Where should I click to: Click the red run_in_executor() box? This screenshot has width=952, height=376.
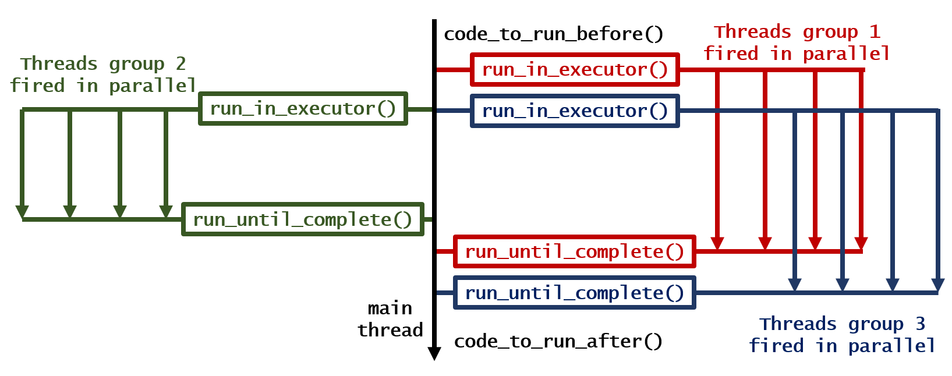click(575, 70)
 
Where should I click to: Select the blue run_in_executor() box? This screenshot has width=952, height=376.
click(575, 111)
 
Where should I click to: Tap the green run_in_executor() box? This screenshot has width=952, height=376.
click(303, 108)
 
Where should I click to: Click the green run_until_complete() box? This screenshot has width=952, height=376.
click(303, 219)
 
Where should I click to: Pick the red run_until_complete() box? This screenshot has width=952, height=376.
click(575, 251)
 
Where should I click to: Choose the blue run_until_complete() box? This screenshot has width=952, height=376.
click(575, 292)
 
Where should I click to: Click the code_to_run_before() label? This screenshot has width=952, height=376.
click(553, 34)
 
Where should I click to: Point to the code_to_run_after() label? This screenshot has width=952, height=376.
click(558, 342)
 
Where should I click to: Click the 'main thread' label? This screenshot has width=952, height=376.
click(390, 319)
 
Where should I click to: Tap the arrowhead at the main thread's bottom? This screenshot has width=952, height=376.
click(434, 353)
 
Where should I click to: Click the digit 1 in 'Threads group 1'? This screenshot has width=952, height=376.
click(875, 32)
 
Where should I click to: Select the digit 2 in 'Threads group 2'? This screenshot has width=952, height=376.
click(181, 63)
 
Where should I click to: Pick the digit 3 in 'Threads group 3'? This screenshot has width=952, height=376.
click(920, 324)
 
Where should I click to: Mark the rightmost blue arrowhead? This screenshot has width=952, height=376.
click(937, 285)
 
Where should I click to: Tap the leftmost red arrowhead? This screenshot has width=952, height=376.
click(717, 243)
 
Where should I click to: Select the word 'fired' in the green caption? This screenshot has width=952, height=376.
click(37, 86)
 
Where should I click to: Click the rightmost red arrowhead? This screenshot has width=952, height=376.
click(861, 243)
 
